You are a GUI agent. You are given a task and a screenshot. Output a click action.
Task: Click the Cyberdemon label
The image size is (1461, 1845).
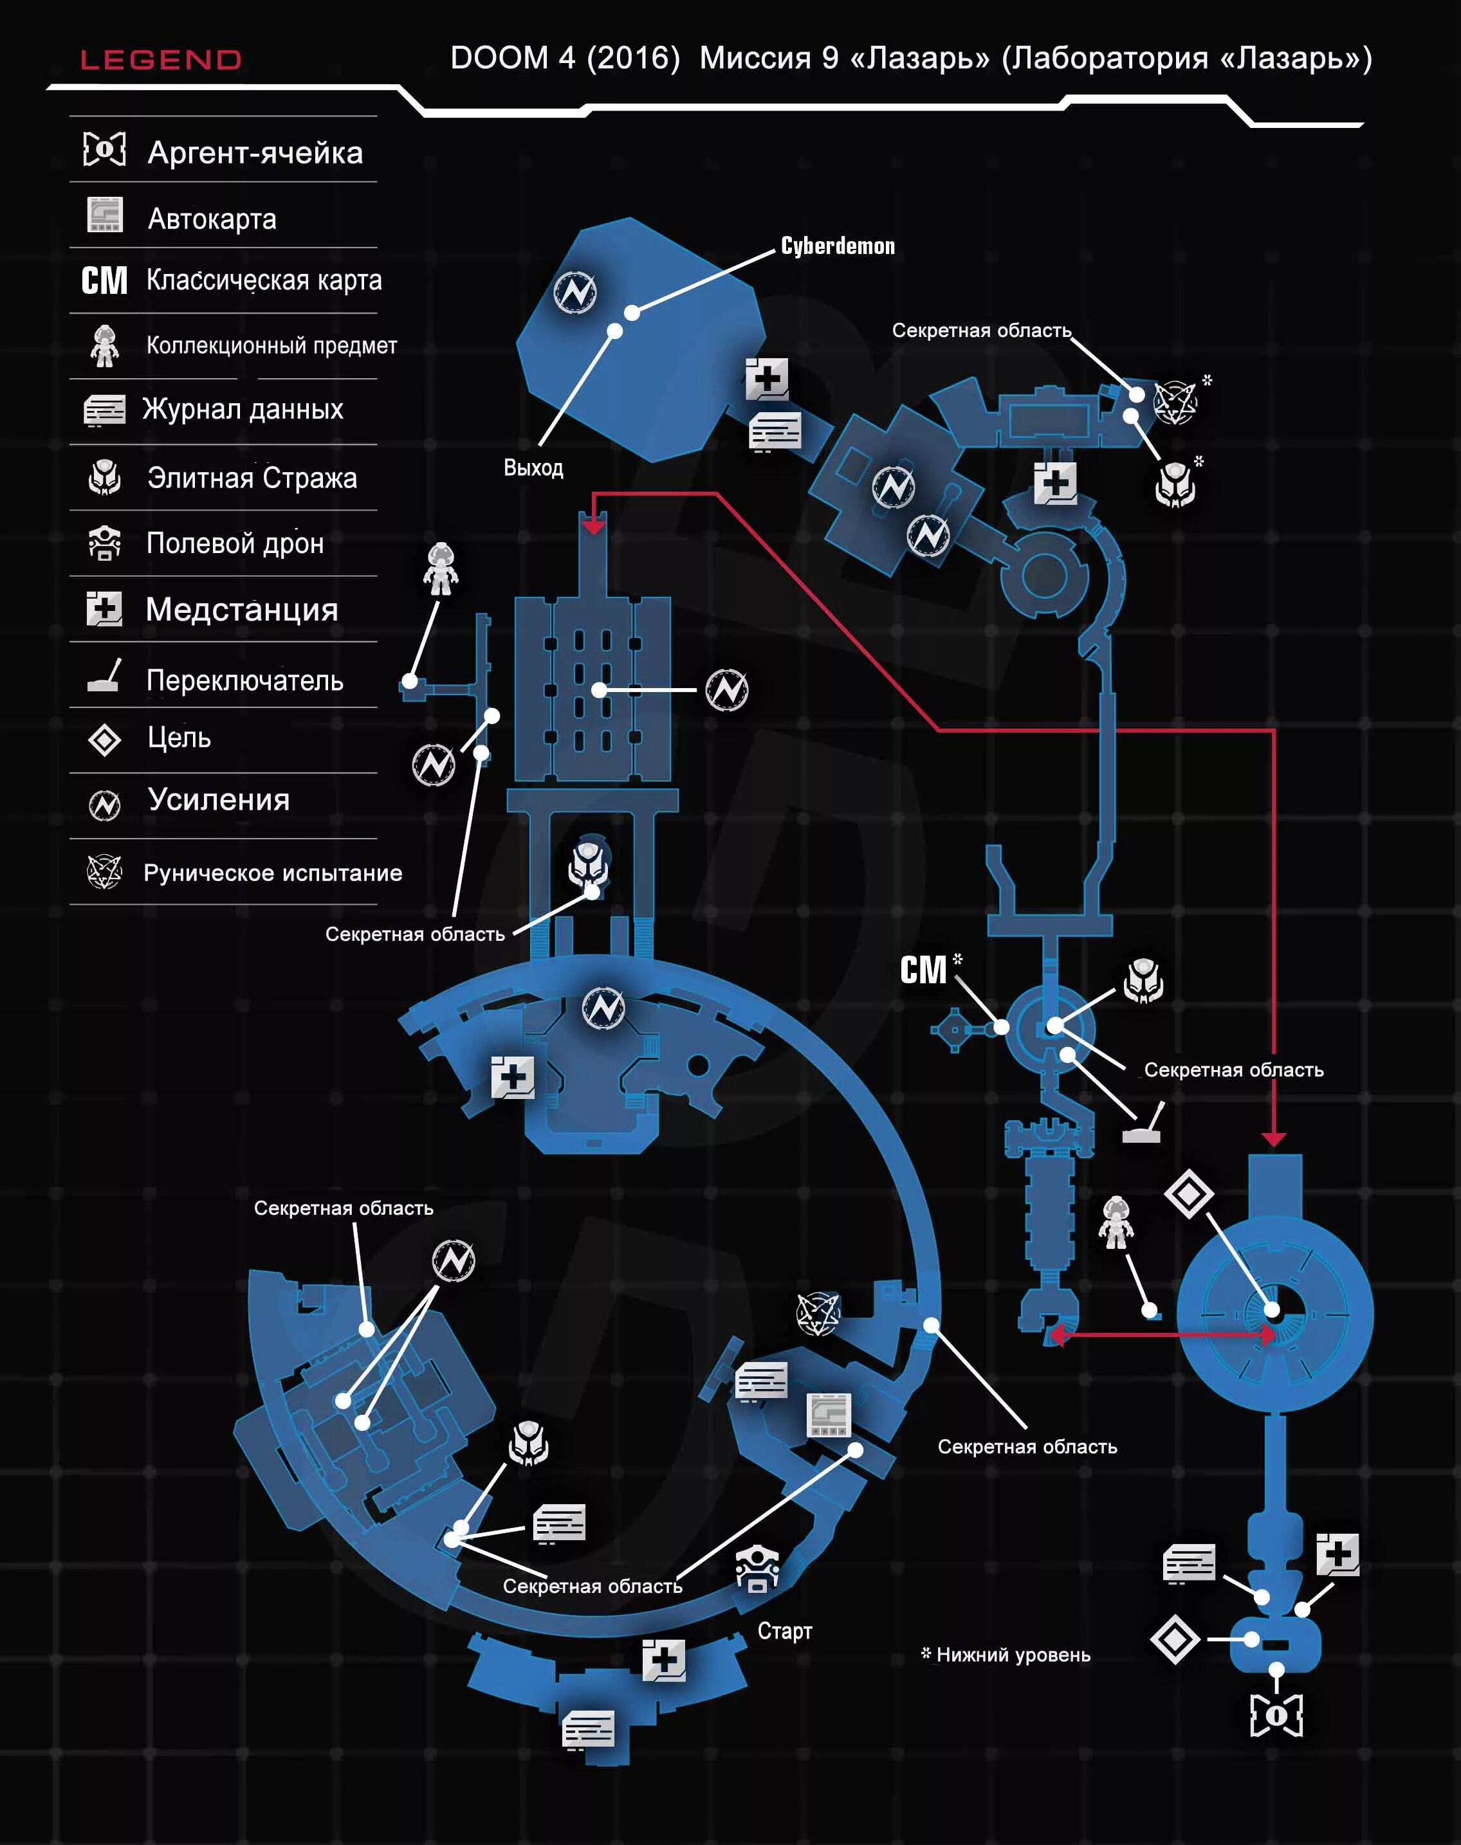(x=838, y=246)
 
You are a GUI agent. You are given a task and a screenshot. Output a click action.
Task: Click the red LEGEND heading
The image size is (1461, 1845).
(x=161, y=60)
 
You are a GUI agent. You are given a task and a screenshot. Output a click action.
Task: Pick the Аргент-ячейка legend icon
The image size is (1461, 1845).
(x=104, y=150)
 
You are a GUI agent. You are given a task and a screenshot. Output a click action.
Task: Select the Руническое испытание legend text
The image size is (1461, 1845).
(x=272, y=873)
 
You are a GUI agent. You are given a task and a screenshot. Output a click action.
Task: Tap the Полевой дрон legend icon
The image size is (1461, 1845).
(x=104, y=543)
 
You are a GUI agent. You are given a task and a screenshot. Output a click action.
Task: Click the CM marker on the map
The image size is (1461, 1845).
(x=923, y=970)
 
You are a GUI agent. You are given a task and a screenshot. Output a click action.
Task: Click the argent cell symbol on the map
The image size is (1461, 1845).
(x=1276, y=1715)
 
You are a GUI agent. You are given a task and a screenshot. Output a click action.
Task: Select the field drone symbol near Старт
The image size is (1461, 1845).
(x=757, y=1568)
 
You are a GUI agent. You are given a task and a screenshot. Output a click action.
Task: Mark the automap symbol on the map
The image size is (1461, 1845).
(x=829, y=1414)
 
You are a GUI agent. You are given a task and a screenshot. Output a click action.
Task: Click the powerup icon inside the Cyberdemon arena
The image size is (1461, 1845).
(x=575, y=293)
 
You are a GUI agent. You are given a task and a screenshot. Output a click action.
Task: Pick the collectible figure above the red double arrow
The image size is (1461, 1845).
(x=1116, y=1222)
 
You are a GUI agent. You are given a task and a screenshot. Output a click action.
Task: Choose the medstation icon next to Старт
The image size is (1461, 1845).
(x=664, y=1660)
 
